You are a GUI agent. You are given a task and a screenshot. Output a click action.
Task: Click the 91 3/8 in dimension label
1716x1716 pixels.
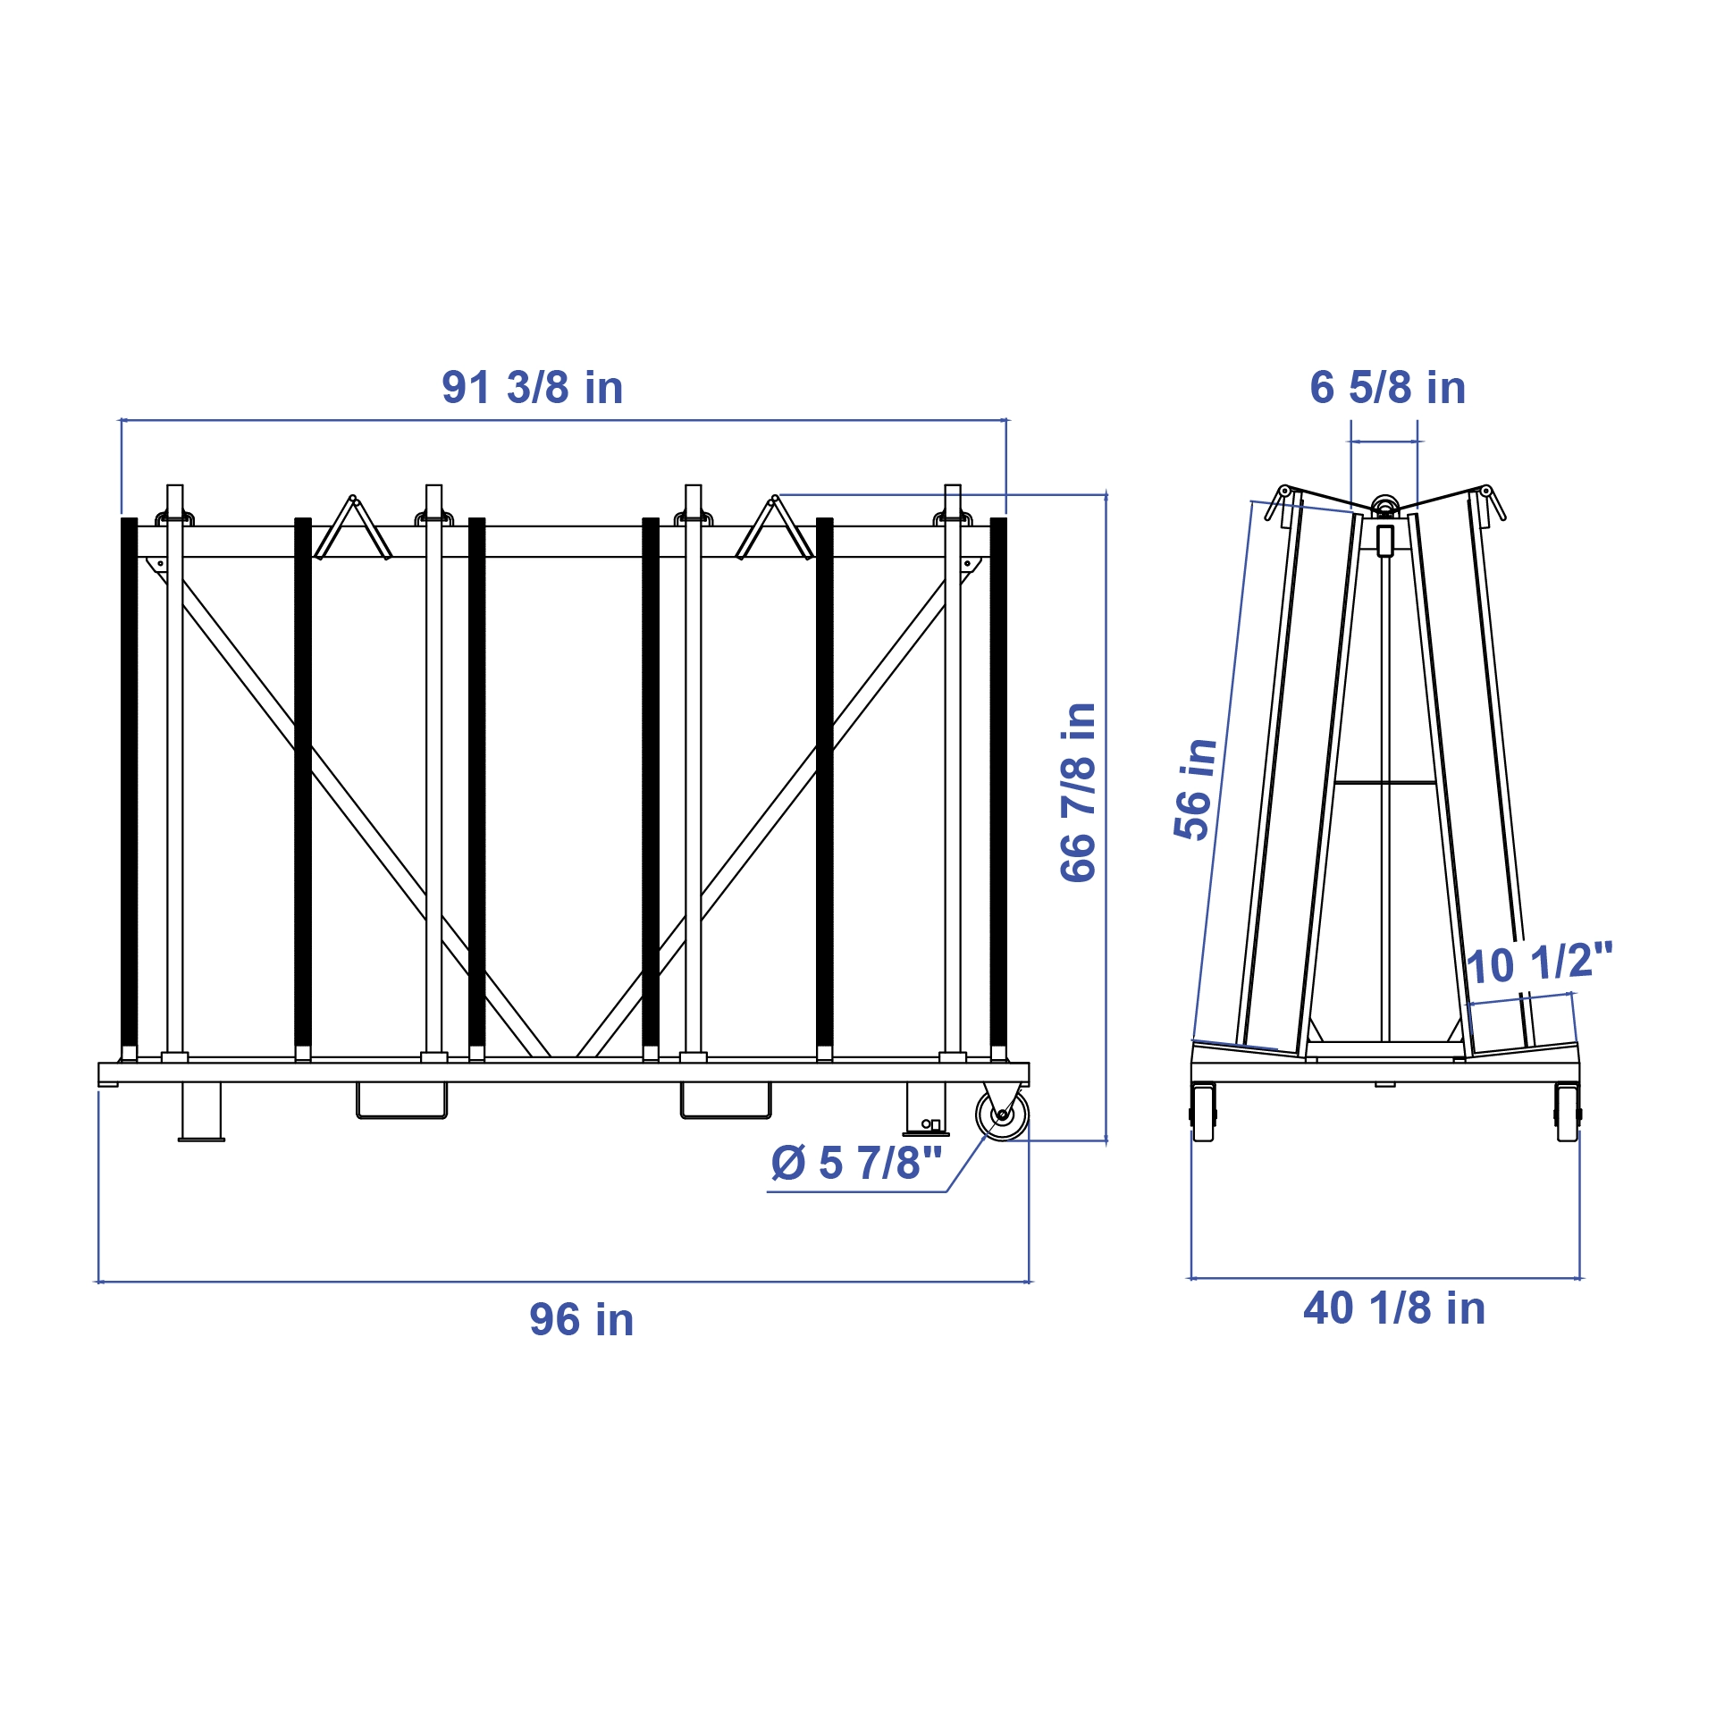[533, 388]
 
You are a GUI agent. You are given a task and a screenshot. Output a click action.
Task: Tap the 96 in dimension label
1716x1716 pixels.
[582, 1320]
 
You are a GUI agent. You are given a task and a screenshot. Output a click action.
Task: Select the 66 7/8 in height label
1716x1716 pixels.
[1079, 793]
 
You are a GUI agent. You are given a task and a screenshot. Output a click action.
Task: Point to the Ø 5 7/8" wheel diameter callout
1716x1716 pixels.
[856, 1163]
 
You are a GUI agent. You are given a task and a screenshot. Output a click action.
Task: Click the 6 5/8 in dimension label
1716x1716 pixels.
[1388, 388]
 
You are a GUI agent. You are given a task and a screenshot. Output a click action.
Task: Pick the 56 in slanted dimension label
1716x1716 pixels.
[1196, 790]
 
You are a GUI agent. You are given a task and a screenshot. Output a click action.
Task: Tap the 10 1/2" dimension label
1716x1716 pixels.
[1540, 963]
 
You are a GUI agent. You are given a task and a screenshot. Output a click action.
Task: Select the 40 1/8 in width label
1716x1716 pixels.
[1394, 1308]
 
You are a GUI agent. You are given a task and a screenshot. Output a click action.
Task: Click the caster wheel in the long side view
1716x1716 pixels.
[1002, 1115]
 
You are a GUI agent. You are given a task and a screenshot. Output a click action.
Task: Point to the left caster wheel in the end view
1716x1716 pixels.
[1204, 1113]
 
